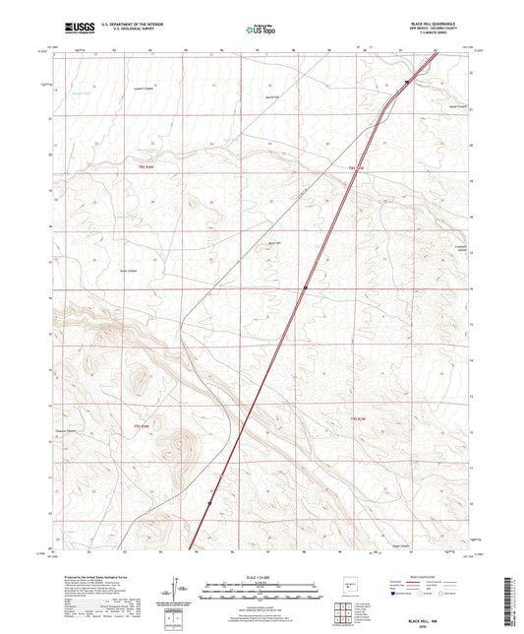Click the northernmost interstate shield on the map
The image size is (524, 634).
[x=406, y=83]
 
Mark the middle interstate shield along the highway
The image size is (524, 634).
[x=306, y=287]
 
